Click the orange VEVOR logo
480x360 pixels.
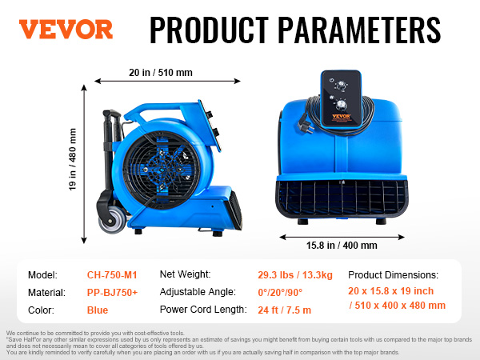(66, 30)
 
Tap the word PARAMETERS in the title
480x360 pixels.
(359, 30)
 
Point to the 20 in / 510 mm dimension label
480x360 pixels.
(161, 73)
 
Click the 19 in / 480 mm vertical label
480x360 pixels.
(73, 159)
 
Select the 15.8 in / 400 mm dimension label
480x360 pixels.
(342, 246)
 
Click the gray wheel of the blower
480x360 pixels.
(112, 219)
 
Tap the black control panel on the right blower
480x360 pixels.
(341, 98)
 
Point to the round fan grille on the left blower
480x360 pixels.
(162, 170)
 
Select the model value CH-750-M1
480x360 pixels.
(112, 275)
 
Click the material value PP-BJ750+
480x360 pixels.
(112, 293)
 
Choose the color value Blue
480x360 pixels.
(98, 310)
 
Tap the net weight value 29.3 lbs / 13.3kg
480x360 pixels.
(295, 275)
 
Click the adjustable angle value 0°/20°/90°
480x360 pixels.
(280, 292)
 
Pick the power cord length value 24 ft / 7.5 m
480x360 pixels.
(284, 310)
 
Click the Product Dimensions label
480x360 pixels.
(393, 275)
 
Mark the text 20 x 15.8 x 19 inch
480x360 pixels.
(391, 291)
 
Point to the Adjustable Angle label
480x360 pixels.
(198, 292)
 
